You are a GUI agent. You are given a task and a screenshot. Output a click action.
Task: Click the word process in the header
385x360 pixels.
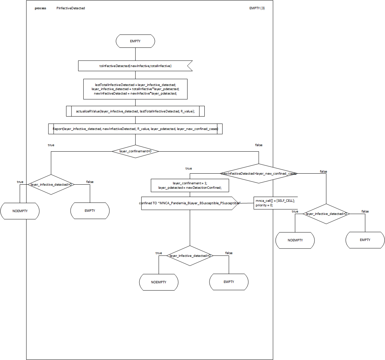pyautogui.click(x=40, y=8)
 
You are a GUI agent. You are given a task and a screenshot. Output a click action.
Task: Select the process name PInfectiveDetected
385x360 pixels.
pyautogui.click(x=71, y=8)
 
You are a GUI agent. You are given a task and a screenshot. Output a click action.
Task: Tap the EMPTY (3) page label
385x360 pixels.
pyautogui.click(x=257, y=8)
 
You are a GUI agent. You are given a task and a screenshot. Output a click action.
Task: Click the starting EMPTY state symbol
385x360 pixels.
pyautogui.click(x=135, y=41)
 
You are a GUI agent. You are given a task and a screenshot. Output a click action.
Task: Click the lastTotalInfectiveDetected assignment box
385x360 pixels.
pyautogui.click(x=135, y=89)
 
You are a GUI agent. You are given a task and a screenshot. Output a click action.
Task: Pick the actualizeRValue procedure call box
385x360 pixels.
pyautogui.click(x=135, y=111)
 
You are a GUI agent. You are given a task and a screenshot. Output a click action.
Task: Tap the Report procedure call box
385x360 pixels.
pyautogui.click(x=135, y=129)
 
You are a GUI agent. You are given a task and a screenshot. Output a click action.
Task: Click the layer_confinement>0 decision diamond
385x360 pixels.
pyautogui.click(x=135, y=151)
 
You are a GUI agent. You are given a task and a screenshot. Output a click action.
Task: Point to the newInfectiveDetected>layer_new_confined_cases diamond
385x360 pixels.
pyautogui.click(x=258, y=174)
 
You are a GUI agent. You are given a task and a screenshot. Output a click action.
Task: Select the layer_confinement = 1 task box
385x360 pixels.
pyautogui.click(x=190, y=185)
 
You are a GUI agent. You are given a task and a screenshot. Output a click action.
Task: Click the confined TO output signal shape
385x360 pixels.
pyautogui.click(x=190, y=203)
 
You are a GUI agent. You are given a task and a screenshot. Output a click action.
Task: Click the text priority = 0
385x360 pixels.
pyautogui.click(x=264, y=205)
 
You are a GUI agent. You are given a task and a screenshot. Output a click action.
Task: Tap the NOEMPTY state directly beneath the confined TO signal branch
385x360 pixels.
pyautogui.click(x=159, y=282)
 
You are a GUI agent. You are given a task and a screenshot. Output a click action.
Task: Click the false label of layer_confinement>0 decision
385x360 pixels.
pyautogui.click(x=258, y=145)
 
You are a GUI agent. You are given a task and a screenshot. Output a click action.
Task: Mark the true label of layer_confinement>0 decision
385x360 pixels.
pyautogui.click(x=51, y=145)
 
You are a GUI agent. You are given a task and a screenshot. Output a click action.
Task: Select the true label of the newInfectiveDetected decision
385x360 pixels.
pyautogui.click(x=189, y=168)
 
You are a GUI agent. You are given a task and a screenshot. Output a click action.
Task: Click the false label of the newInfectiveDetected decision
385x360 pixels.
pyautogui.click(x=323, y=171)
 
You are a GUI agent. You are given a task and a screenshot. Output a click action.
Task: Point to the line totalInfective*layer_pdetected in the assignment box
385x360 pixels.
pyautogui.click(x=135, y=89)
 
